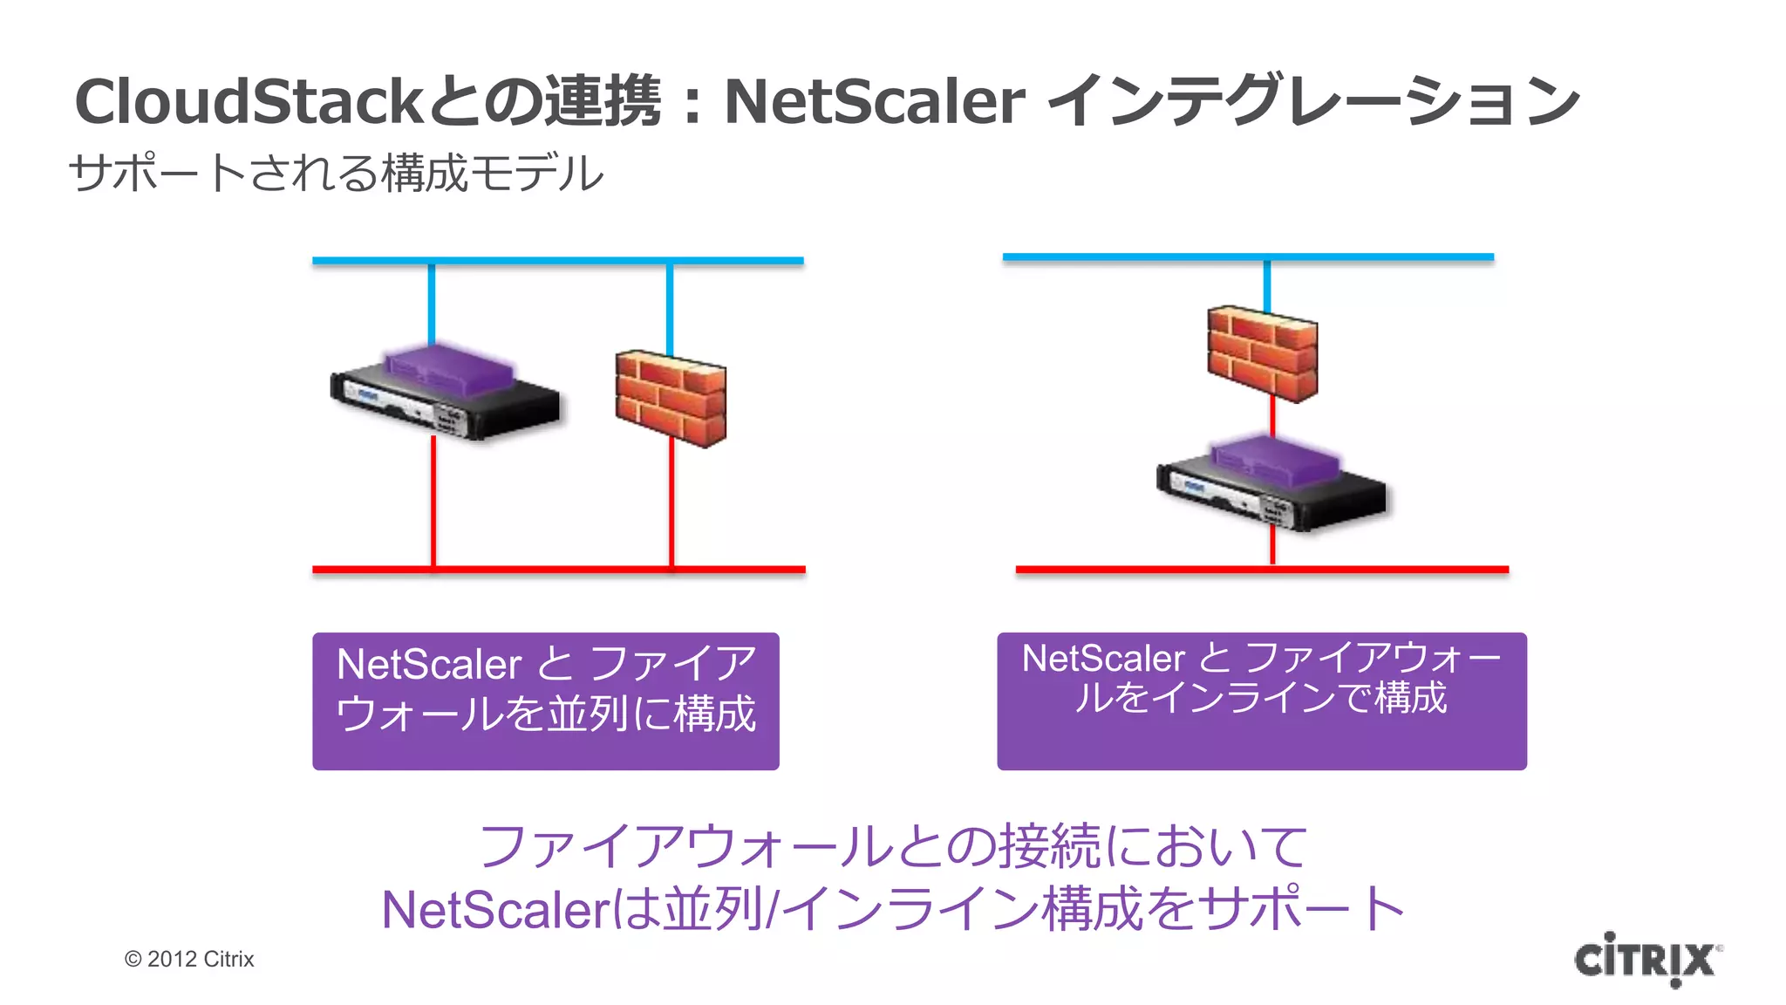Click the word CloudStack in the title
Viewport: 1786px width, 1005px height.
249,101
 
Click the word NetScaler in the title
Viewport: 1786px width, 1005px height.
874,101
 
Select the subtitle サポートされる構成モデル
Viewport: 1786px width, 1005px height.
336,173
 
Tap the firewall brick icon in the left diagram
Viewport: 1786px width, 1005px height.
671,398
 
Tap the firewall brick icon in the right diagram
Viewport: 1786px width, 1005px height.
1262,353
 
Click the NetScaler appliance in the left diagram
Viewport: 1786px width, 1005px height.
445,393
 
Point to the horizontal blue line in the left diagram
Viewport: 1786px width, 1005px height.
558,261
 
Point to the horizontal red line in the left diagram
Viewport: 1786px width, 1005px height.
558,570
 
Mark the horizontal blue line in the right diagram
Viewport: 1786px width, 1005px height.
1247,257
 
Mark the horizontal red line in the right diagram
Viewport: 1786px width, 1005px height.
1262,570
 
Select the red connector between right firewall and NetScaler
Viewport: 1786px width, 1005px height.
1272,419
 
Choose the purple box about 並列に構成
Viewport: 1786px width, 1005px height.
546,701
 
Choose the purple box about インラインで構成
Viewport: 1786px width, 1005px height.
1262,701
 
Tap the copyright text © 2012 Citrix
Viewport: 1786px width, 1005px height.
189,959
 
